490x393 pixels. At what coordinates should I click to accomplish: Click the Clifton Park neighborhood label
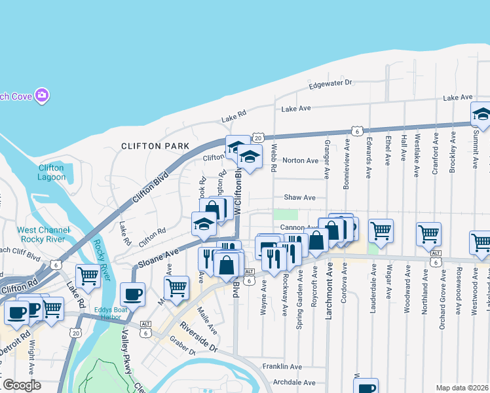click(x=155, y=146)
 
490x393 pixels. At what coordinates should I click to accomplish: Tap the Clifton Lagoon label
click(x=51, y=172)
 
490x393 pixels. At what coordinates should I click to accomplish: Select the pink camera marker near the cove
click(x=43, y=96)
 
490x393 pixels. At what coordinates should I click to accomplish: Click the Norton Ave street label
click(x=300, y=160)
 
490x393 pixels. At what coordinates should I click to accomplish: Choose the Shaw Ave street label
click(x=299, y=197)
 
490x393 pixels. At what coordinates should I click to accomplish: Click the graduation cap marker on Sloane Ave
click(x=204, y=225)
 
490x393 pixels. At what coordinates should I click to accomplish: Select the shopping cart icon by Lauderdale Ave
click(x=381, y=231)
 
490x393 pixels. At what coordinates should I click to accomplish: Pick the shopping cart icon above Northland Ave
click(x=428, y=234)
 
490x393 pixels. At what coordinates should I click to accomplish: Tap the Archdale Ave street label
click(x=294, y=383)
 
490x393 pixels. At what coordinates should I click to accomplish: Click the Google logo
click(x=22, y=385)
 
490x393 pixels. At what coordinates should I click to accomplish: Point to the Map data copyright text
click(x=462, y=388)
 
